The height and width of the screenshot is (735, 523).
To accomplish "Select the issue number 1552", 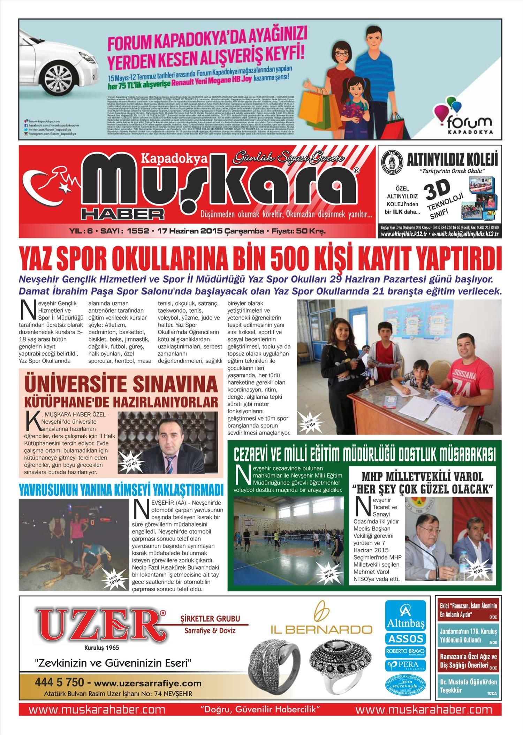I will (x=138, y=231).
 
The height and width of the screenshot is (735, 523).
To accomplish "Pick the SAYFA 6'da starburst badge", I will (x=310, y=422).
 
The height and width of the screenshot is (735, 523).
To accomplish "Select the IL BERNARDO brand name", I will (x=321, y=629).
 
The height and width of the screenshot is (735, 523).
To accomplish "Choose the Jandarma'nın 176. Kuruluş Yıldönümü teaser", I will (x=468, y=636).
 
